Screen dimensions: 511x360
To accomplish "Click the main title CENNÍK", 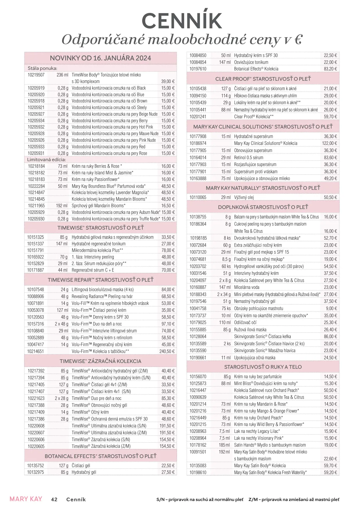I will click(182, 21).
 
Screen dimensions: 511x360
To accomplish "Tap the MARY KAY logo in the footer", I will click(26, 499).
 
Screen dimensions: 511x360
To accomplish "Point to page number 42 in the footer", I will click(54, 499).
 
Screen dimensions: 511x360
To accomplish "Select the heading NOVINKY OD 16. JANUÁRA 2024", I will click(101, 58).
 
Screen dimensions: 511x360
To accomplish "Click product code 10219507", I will click(36, 75).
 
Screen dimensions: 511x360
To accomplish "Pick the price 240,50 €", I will click(167, 351).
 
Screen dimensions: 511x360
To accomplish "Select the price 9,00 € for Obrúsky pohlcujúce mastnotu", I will click(331, 308).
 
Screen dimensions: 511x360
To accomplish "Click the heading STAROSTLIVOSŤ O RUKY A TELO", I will click(263, 367).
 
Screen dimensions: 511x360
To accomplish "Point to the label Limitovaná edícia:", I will click(46, 159).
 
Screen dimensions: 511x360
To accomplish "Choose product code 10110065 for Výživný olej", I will click(198, 197).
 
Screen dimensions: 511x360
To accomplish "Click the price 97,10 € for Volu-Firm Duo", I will click(168, 324).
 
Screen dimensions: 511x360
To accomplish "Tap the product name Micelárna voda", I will click(247, 287).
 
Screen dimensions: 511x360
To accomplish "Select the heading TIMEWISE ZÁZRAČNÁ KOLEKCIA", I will click(101, 361).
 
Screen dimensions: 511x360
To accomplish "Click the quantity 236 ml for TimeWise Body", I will click(62, 75).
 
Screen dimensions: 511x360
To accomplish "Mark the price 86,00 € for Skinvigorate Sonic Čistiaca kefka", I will click(331, 336).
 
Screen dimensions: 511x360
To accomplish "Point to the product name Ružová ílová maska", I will click(250, 330).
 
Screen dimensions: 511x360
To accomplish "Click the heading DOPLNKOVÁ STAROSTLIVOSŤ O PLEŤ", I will click(263, 207).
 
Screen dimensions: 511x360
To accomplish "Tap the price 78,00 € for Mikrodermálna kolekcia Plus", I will click(168, 250).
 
